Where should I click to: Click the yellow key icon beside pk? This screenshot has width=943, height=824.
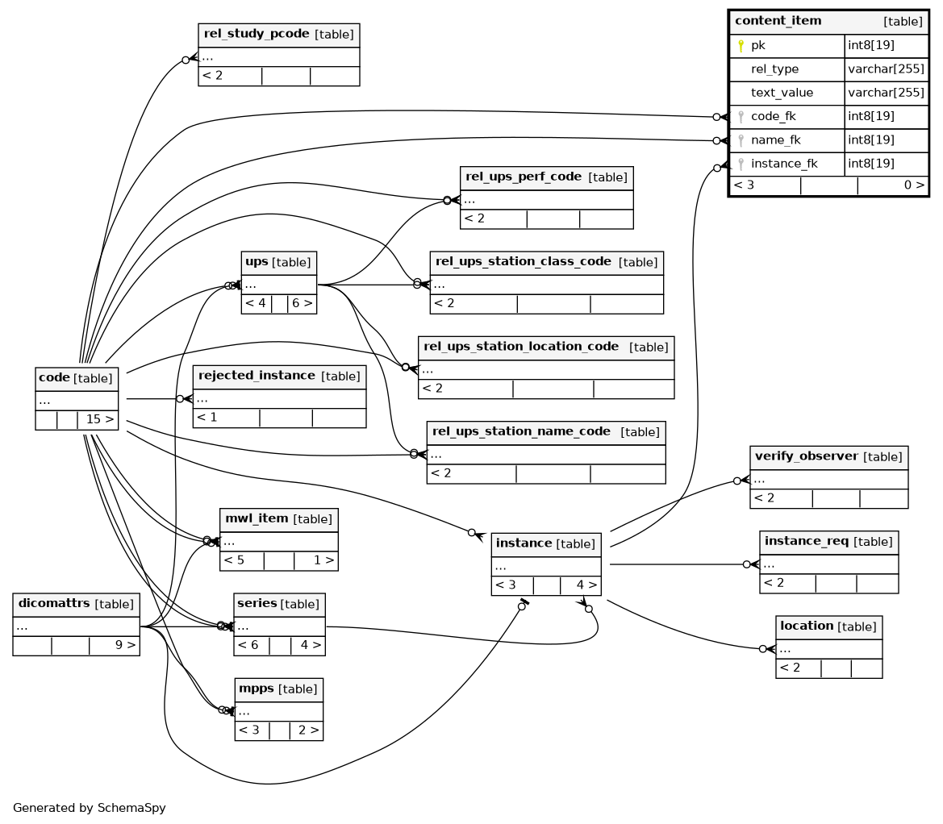click(x=741, y=46)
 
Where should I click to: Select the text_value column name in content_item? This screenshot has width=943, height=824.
click(x=782, y=93)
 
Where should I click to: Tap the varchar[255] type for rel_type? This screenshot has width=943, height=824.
click(x=886, y=69)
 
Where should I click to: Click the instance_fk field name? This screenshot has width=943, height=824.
click(x=784, y=164)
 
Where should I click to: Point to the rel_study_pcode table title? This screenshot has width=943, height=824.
click(x=257, y=34)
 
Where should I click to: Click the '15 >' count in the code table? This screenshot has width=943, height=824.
click(x=100, y=419)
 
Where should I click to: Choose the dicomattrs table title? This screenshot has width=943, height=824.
click(x=54, y=603)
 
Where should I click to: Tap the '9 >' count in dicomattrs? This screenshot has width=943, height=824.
click(x=125, y=645)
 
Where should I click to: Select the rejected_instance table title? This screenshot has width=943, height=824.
click(x=257, y=376)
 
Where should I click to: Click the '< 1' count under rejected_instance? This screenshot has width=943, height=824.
click(x=207, y=417)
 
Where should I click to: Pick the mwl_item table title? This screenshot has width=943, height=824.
click(x=257, y=518)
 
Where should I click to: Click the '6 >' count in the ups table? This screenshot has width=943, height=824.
click(x=303, y=303)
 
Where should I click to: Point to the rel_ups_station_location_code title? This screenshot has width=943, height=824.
click(x=521, y=347)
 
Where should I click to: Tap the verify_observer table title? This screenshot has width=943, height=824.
click(x=807, y=456)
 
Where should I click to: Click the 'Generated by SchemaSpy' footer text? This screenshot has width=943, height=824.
click(x=89, y=808)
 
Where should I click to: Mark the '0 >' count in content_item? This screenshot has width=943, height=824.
click(x=914, y=185)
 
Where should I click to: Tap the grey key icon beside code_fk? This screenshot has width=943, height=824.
click(x=741, y=117)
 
